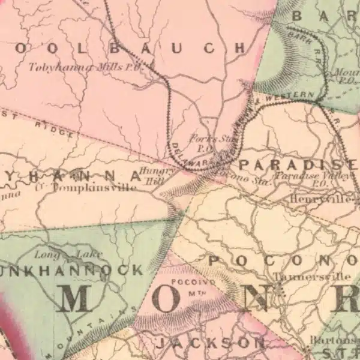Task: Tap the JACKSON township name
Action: click(210, 343)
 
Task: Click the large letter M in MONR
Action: click(83, 299)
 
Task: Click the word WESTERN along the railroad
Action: click(294, 95)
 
